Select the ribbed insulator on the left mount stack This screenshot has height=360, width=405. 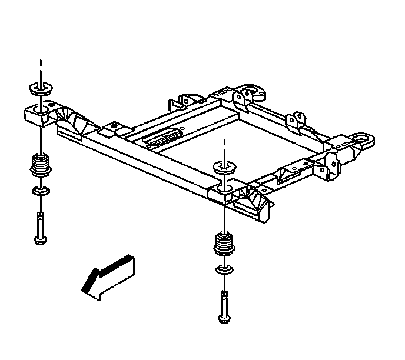[x=39, y=166]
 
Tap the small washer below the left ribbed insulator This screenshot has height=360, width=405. [x=39, y=191]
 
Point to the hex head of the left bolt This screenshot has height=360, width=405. [x=39, y=239]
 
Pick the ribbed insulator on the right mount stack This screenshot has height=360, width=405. [x=224, y=243]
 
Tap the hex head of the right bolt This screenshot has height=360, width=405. [x=224, y=318]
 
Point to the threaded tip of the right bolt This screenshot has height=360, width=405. [x=224, y=294]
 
